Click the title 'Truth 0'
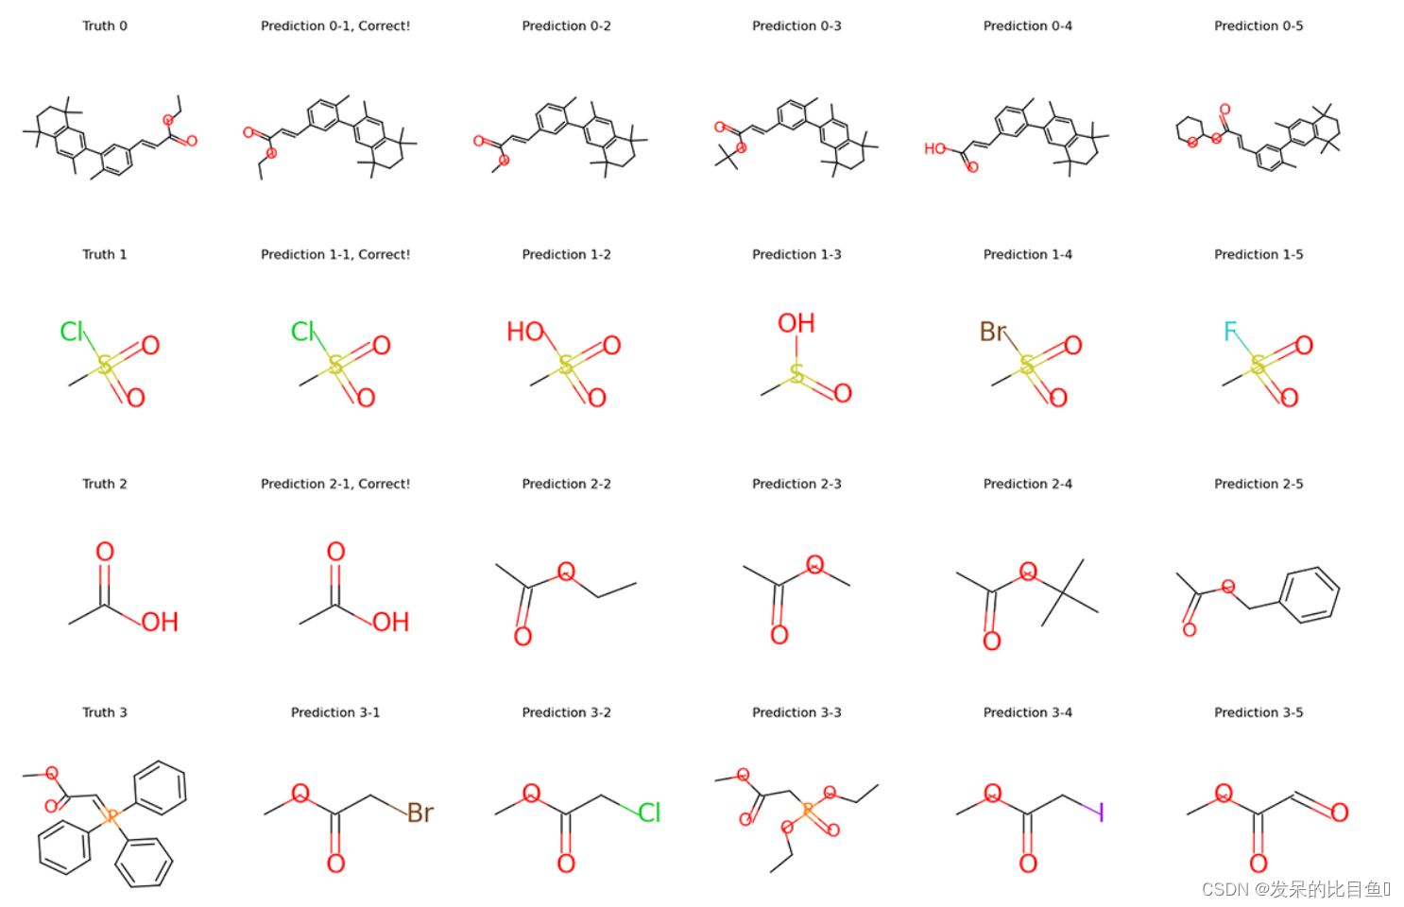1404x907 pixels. [x=104, y=26]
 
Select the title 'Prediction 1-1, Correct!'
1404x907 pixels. [x=335, y=255]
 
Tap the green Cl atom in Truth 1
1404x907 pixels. [x=72, y=332]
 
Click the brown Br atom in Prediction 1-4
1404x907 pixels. [x=993, y=332]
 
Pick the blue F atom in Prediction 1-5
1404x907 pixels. [x=1230, y=332]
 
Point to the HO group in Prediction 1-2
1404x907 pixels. [x=525, y=332]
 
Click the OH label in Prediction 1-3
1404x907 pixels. [x=796, y=324]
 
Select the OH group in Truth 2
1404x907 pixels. [x=160, y=622]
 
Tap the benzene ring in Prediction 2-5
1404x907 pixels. [x=1310, y=594]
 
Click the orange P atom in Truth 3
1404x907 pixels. [x=110, y=814]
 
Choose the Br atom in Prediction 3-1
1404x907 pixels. [x=420, y=813]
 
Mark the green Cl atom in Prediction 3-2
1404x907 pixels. [x=649, y=813]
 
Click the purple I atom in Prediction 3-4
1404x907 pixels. [x=1100, y=812]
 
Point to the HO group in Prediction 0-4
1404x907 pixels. [x=935, y=149]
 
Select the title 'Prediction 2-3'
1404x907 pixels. [x=796, y=484]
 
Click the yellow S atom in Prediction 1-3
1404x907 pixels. [x=797, y=374]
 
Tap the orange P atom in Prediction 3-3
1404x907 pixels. [x=808, y=810]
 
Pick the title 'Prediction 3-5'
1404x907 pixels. [x=1258, y=712]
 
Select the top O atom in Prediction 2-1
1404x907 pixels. [x=335, y=552]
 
